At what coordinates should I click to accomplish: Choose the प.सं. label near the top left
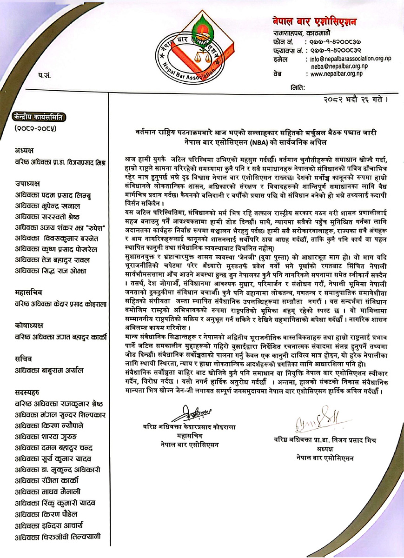45,74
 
